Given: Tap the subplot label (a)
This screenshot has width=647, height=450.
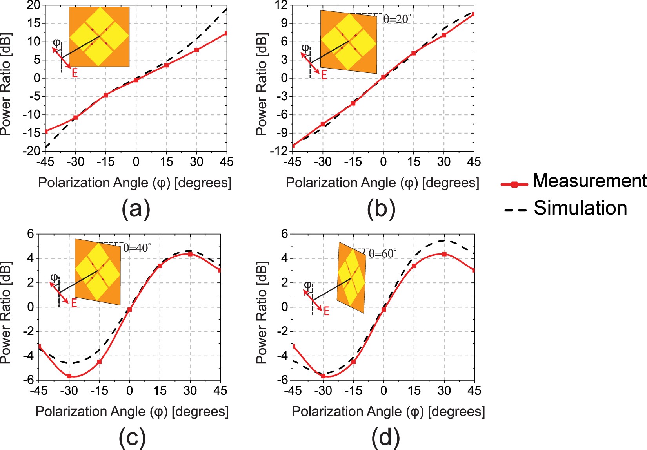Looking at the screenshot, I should pyautogui.click(x=136, y=209).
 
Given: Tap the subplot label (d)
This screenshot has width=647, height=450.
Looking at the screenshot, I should pyautogui.click(x=385, y=437).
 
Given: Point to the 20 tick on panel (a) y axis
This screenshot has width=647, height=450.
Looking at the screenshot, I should pyautogui.click(x=33, y=5).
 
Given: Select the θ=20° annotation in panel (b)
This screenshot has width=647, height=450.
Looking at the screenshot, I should pyautogui.click(x=397, y=19).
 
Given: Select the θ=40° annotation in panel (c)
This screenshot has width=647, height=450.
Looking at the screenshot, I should pyautogui.click(x=137, y=248).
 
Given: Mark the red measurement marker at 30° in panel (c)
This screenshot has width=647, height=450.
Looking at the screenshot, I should pyautogui.click(x=190, y=254).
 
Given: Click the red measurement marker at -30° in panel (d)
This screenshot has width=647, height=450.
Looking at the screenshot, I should pyautogui.click(x=323, y=376).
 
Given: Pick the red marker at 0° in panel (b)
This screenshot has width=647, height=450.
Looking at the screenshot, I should pyautogui.click(x=383, y=77).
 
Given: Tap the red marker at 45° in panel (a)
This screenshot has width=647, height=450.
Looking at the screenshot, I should pyautogui.click(x=226, y=33).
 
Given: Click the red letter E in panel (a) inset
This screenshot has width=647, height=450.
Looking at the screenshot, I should pyautogui.click(x=75, y=72).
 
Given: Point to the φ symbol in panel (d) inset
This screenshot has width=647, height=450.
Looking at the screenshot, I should pyautogui.click(x=308, y=285).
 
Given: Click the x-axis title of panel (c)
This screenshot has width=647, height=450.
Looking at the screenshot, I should pyautogui.click(x=132, y=412).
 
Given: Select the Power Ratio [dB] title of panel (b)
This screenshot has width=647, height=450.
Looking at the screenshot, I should pyautogui.click(x=262, y=84).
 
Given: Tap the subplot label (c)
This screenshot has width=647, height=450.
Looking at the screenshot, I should pyautogui.click(x=132, y=437).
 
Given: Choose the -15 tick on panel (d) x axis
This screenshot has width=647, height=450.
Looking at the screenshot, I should pyautogui.click(x=353, y=391).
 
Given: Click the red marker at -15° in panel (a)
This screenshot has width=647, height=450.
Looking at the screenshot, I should pyautogui.click(x=106, y=95).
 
